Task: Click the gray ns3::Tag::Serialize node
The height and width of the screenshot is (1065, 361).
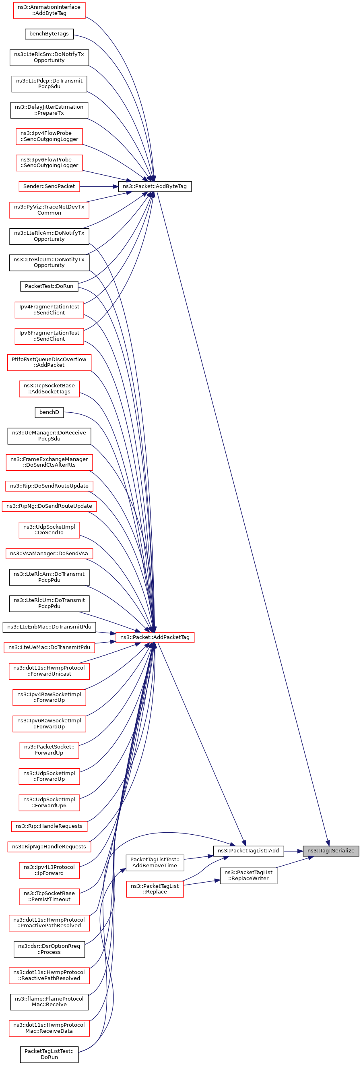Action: coord(330,850)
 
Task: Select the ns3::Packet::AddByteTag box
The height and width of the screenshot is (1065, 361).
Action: coord(155,186)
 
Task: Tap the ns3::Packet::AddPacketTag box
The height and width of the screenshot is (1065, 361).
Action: coord(155,637)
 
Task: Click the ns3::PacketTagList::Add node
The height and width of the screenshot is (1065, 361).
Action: coord(248,850)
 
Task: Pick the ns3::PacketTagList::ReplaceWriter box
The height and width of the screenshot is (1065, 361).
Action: coord(248,875)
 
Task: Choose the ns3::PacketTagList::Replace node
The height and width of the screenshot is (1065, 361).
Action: coord(155,889)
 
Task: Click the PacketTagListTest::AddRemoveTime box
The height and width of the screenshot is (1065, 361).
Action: coord(155,862)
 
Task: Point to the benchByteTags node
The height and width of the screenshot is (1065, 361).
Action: coord(49,34)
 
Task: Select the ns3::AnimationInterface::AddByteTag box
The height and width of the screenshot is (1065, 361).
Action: coord(49,10)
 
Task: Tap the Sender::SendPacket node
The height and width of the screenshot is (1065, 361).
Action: coord(49,186)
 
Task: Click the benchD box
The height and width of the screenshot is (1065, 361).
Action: coord(49,412)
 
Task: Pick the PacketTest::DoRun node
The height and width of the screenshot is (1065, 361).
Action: coord(49,286)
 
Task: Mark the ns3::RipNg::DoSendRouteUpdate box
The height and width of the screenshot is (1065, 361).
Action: coord(49,506)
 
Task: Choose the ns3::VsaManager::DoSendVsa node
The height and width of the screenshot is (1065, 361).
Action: coord(49,554)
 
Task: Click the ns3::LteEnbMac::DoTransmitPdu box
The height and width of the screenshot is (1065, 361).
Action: coord(49,627)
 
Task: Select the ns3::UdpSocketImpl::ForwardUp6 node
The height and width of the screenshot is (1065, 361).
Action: coord(49,802)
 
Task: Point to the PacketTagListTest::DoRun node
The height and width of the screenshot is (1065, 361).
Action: coord(49,1054)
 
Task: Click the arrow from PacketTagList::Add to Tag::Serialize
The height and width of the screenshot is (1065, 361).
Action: coord(293,850)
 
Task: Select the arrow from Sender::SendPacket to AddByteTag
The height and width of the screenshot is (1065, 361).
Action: coord(99,186)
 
